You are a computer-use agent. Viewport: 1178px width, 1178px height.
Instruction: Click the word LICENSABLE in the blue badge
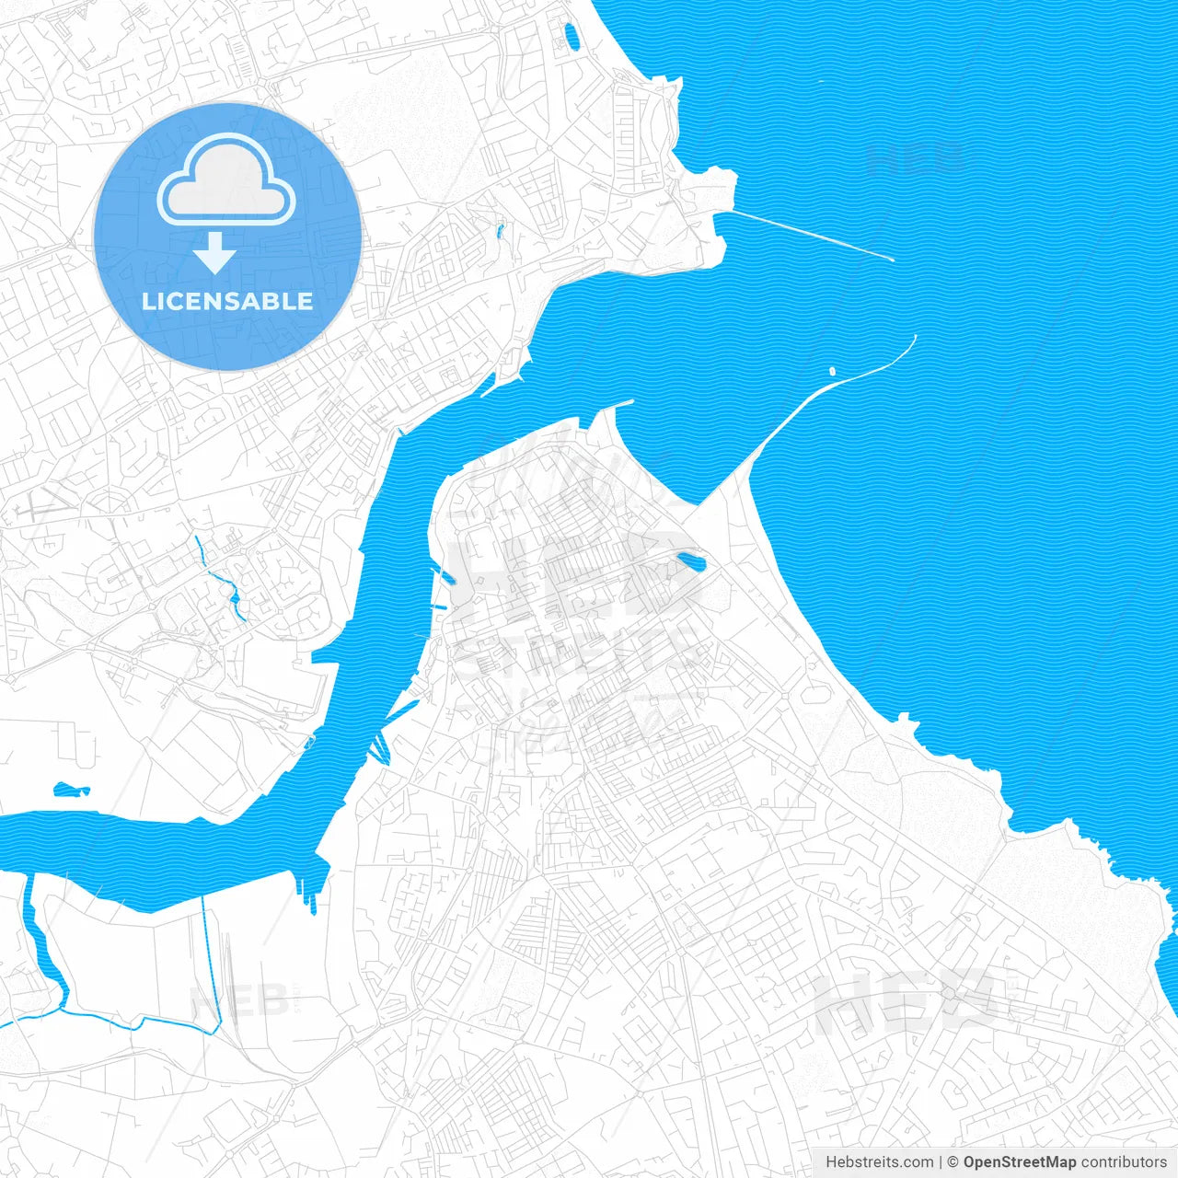tap(227, 301)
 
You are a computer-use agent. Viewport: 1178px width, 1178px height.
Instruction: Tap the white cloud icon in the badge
tap(226, 180)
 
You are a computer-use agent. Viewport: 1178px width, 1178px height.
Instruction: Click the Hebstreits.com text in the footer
tap(879, 1162)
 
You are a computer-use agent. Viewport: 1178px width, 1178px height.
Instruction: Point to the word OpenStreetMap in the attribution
tap(1020, 1162)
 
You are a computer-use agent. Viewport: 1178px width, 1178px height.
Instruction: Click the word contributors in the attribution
tap(1124, 1162)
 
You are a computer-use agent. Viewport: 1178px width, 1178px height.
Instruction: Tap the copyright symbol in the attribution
tap(953, 1162)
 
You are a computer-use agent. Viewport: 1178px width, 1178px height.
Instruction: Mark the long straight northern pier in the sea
tap(810, 234)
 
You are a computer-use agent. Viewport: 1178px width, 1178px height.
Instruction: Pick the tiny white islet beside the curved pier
tap(832, 372)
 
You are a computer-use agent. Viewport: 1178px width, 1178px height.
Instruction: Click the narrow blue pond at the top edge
tap(572, 37)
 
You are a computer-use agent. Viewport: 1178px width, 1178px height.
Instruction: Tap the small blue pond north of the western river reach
tap(71, 789)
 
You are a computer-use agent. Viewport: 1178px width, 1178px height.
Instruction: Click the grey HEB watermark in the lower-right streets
tap(907, 1003)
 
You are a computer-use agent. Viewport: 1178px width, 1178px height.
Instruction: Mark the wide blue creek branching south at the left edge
tap(41, 948)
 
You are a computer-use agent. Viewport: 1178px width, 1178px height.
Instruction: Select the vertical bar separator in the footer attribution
tap(941, 1162)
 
